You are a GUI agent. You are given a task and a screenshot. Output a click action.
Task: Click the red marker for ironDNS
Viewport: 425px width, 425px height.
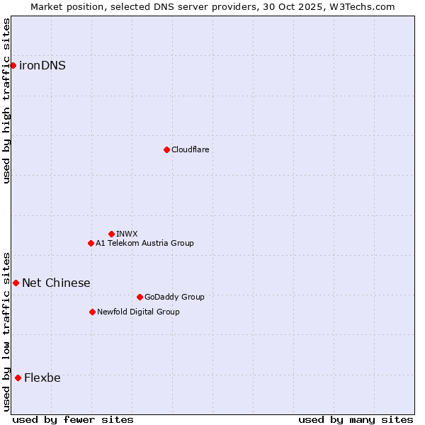13,65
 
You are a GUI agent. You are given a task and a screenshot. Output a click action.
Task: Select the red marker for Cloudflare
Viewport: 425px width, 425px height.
166,149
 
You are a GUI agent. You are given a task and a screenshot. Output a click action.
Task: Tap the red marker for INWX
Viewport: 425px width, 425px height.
111,234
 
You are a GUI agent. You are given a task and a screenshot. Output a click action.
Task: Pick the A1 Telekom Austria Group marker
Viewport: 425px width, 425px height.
91,243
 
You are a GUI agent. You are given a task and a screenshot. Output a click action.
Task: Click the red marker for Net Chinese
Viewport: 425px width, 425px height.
16,283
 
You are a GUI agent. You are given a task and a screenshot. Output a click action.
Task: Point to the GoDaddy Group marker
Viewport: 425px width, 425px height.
140,297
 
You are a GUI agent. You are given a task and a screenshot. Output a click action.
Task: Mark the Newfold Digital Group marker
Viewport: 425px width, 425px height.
92,312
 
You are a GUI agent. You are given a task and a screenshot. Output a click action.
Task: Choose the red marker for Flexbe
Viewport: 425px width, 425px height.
18,378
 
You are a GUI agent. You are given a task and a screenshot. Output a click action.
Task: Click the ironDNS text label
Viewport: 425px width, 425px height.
42,66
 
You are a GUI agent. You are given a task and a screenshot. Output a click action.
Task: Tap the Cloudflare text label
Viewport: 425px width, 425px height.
190,149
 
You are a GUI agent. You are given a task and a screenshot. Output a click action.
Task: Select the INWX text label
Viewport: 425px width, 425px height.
127,234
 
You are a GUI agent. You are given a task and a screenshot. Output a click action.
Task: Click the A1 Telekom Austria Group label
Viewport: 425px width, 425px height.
144,243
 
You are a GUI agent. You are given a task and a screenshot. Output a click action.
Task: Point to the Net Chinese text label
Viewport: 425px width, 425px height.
56,283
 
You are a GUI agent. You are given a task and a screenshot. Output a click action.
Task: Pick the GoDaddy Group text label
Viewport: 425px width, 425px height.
174,297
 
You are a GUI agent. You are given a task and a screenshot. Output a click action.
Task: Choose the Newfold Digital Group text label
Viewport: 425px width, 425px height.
138,312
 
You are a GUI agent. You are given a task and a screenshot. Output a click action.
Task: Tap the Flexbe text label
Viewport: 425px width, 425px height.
42,378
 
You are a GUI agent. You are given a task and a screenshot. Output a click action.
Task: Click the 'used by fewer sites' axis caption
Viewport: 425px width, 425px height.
73,419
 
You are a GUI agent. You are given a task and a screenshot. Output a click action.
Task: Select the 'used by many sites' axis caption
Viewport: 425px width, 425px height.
356,419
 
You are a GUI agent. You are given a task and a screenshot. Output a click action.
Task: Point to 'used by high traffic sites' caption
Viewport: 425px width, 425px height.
6,101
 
